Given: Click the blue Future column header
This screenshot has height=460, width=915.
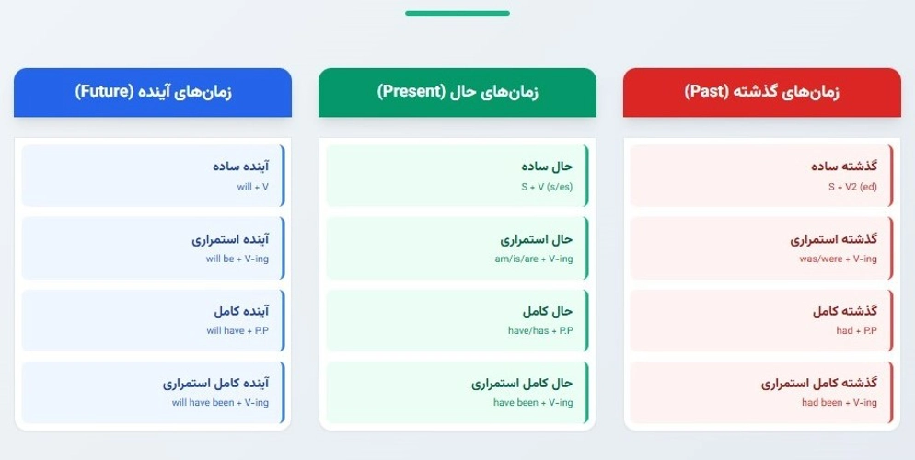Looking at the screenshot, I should (x=153, y=92).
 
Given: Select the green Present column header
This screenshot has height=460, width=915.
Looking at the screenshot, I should (x=457, y=92).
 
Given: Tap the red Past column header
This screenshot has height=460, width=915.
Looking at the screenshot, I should (x=762, y=92).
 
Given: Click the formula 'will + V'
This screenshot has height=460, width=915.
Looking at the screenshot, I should (x=252, y=187).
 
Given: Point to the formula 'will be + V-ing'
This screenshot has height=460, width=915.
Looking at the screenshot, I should (x=237, y=259).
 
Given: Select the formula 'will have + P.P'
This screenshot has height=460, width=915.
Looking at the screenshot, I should (x=237, y=330).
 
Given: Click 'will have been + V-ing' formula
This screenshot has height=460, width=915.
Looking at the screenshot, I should (x=220, y=403).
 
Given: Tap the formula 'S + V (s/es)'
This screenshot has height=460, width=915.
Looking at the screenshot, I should (x=547, y=187).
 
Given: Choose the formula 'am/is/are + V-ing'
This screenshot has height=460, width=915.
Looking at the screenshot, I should (x=534, y=259).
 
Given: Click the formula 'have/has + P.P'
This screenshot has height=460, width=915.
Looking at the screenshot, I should (x=540, y=330).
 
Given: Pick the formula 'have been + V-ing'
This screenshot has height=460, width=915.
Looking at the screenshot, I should (x=533, y=403).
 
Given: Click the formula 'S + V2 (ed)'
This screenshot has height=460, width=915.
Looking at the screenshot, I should (x=852, y=187).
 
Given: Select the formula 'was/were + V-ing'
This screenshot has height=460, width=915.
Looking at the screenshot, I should (x=838, y=259).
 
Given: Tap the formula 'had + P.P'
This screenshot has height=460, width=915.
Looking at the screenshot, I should (x=856, y=330).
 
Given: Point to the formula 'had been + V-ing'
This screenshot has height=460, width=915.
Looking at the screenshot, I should (x=839, y=403).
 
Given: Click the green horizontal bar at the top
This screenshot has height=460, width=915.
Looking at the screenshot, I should (x=457, y=13).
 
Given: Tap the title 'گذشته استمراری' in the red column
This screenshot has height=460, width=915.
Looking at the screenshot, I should (x=834, y=239).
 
